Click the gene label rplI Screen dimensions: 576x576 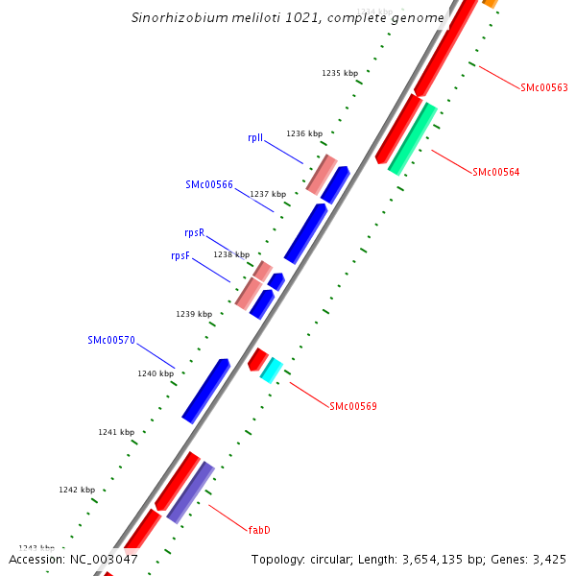click(x=255, y=137)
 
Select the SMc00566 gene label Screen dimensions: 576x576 click(x=209, y=184)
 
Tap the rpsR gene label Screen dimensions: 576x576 click(x=194, y=232)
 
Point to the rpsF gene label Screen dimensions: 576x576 click(x=180, y=255)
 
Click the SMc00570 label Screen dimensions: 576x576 click(x=111, y=340)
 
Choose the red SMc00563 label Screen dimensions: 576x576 click(x=544, y=87)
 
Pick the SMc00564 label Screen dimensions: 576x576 click(x=496, y=173)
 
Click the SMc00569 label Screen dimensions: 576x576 click(x=353, y=406)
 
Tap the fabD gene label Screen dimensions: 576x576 click(x=259, y=530)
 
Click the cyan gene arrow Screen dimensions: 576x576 click(x=272, y=369)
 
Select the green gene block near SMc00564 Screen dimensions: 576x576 click(x=413, y=138)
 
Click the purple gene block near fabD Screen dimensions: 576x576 click(x=190, y=492)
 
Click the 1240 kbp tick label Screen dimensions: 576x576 click(x=156, y=373)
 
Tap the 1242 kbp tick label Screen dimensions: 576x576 click(x=77, y=490)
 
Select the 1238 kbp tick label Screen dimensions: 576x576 click(x=230, y=254)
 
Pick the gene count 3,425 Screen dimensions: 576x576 click(x=548, y=559)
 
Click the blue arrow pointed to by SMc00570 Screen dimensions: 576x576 click(x=205, y=390)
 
